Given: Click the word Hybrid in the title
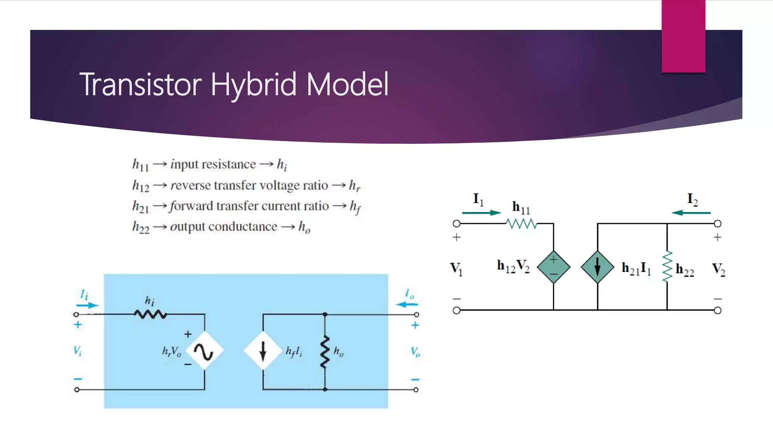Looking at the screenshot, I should coord(253,85).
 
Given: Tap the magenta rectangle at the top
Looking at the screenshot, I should coord(683,36).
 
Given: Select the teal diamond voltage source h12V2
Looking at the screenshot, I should coord(553,267).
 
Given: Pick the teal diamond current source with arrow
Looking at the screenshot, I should coord(597,267).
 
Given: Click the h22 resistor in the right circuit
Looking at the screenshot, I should coord(667,267).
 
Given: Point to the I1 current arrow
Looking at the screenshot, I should coord(481,213).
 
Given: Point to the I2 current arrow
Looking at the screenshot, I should coord(691,213).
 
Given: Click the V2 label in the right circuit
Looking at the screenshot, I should coord(718,269).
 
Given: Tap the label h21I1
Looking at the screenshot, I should coord(636,268).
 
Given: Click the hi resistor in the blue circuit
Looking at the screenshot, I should coord(150,314).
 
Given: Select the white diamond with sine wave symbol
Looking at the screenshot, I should coord(204,351).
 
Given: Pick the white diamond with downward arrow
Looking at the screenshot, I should coord(263,351).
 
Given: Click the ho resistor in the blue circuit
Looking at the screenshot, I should coord(325,351).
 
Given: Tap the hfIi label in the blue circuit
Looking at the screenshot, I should coord(294,352).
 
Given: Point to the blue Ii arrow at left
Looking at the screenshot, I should coord(88,305).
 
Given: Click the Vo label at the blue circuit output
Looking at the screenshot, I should coord(415,352).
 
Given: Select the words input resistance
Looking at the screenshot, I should coord(213,165).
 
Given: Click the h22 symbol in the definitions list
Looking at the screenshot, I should coord(140,227).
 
